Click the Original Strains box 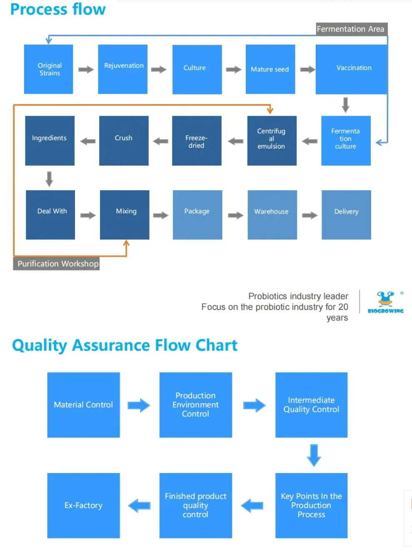(x=49, y=69)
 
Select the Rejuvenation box (x=123, y=69)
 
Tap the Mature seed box (x=270, y=69)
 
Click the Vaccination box (x=352, y=69)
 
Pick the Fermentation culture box (x=346, y=141)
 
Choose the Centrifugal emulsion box (x=272, y=141)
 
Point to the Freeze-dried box (x=197, y=141)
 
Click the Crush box (x=124, y=141)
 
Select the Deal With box (x=50, y=215)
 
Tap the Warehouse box (x=272, y=215)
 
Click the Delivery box (x=346, y=215)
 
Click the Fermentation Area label (x=351, y=29)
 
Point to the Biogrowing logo (x=385, y=302)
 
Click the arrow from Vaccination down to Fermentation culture (x=345, y=105)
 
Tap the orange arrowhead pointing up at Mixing (x=127, y=243)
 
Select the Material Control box (x=83, y=405)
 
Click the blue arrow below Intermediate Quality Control (x=314, y=455)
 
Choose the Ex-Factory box (x=83, y=505)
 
